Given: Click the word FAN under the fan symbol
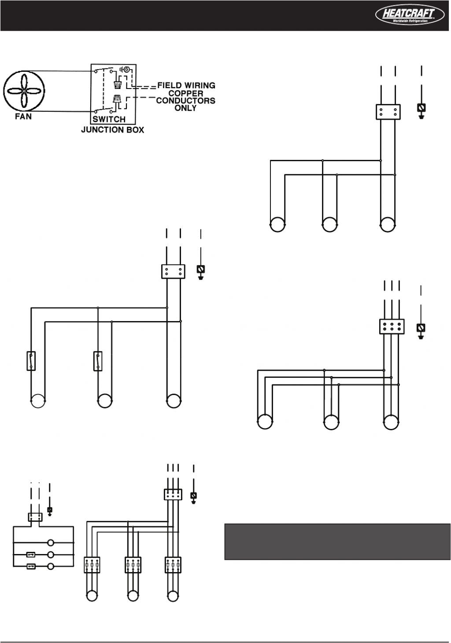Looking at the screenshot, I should click(24, 117).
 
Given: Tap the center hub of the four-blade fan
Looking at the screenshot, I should click(24, 91).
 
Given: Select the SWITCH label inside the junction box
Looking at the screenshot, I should click(109, 119).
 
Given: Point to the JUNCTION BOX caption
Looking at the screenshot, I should click(112, 130).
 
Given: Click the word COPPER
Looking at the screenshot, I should click(186, 93).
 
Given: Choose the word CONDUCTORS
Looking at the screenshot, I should click(186, 100).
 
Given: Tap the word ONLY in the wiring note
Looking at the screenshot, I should click(185, 108).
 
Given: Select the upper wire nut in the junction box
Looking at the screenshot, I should click(118, 84).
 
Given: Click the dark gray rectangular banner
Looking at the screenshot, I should click(337, 542).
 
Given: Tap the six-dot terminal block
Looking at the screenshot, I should click(392, 326).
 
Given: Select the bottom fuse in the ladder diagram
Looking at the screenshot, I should click(31, 566).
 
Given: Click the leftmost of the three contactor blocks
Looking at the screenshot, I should click(92, 565).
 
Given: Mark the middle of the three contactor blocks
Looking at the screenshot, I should click(133, 565).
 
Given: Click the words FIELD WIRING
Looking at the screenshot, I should click(186, 85).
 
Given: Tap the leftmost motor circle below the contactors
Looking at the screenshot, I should click(92, 596).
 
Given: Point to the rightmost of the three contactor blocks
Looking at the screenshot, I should click(173, 565).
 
